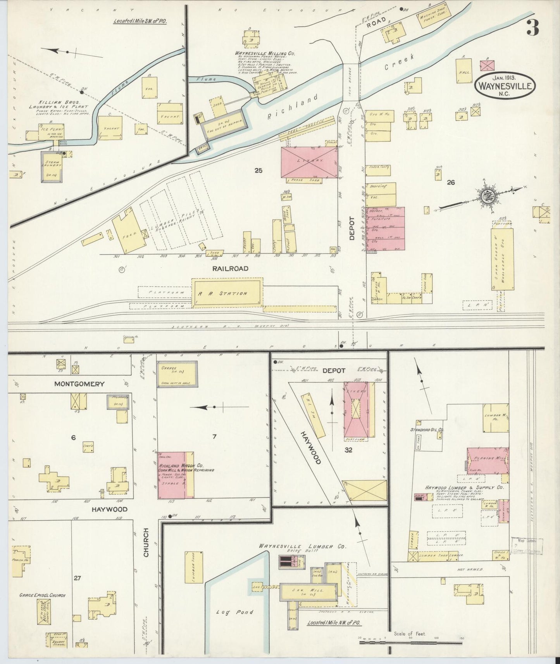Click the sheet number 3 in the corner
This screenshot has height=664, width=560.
pyautogui.click(x=534, y=28)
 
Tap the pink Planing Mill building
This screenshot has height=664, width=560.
pyautogui.click(x=488, y=461)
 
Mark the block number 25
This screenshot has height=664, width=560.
pyautogui.click(x=258, y=170)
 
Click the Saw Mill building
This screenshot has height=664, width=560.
pyautogui.click(x=307, y=592)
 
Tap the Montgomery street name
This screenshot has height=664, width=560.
pyautogui.click(x=79, y=384)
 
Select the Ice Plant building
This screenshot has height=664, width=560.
pyautogui.click(x=51, y=131)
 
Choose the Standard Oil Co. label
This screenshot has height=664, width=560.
pyautogui.click(x=427, y=430)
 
